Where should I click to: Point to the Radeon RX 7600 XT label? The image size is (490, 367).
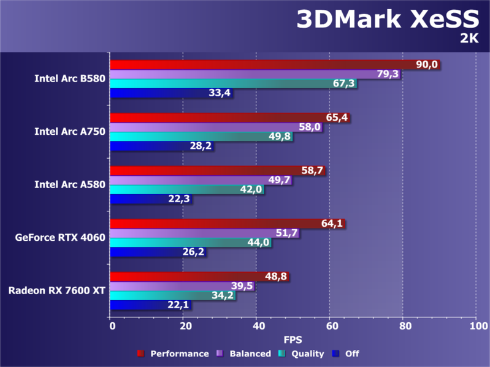pyautogui.click(x=57, y=290)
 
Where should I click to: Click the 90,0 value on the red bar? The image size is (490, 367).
pyautogui.click(x=427, y=65)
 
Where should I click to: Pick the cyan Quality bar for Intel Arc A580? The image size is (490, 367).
pyautogui.click(x=184, y=189)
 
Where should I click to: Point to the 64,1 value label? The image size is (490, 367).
pyautogui.click(x=332, y=224)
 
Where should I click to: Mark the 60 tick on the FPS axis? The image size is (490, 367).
pyautogui.click(x=330, y=327)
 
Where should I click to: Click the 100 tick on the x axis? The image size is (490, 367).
pyautogui.click(x=477, y=327)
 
